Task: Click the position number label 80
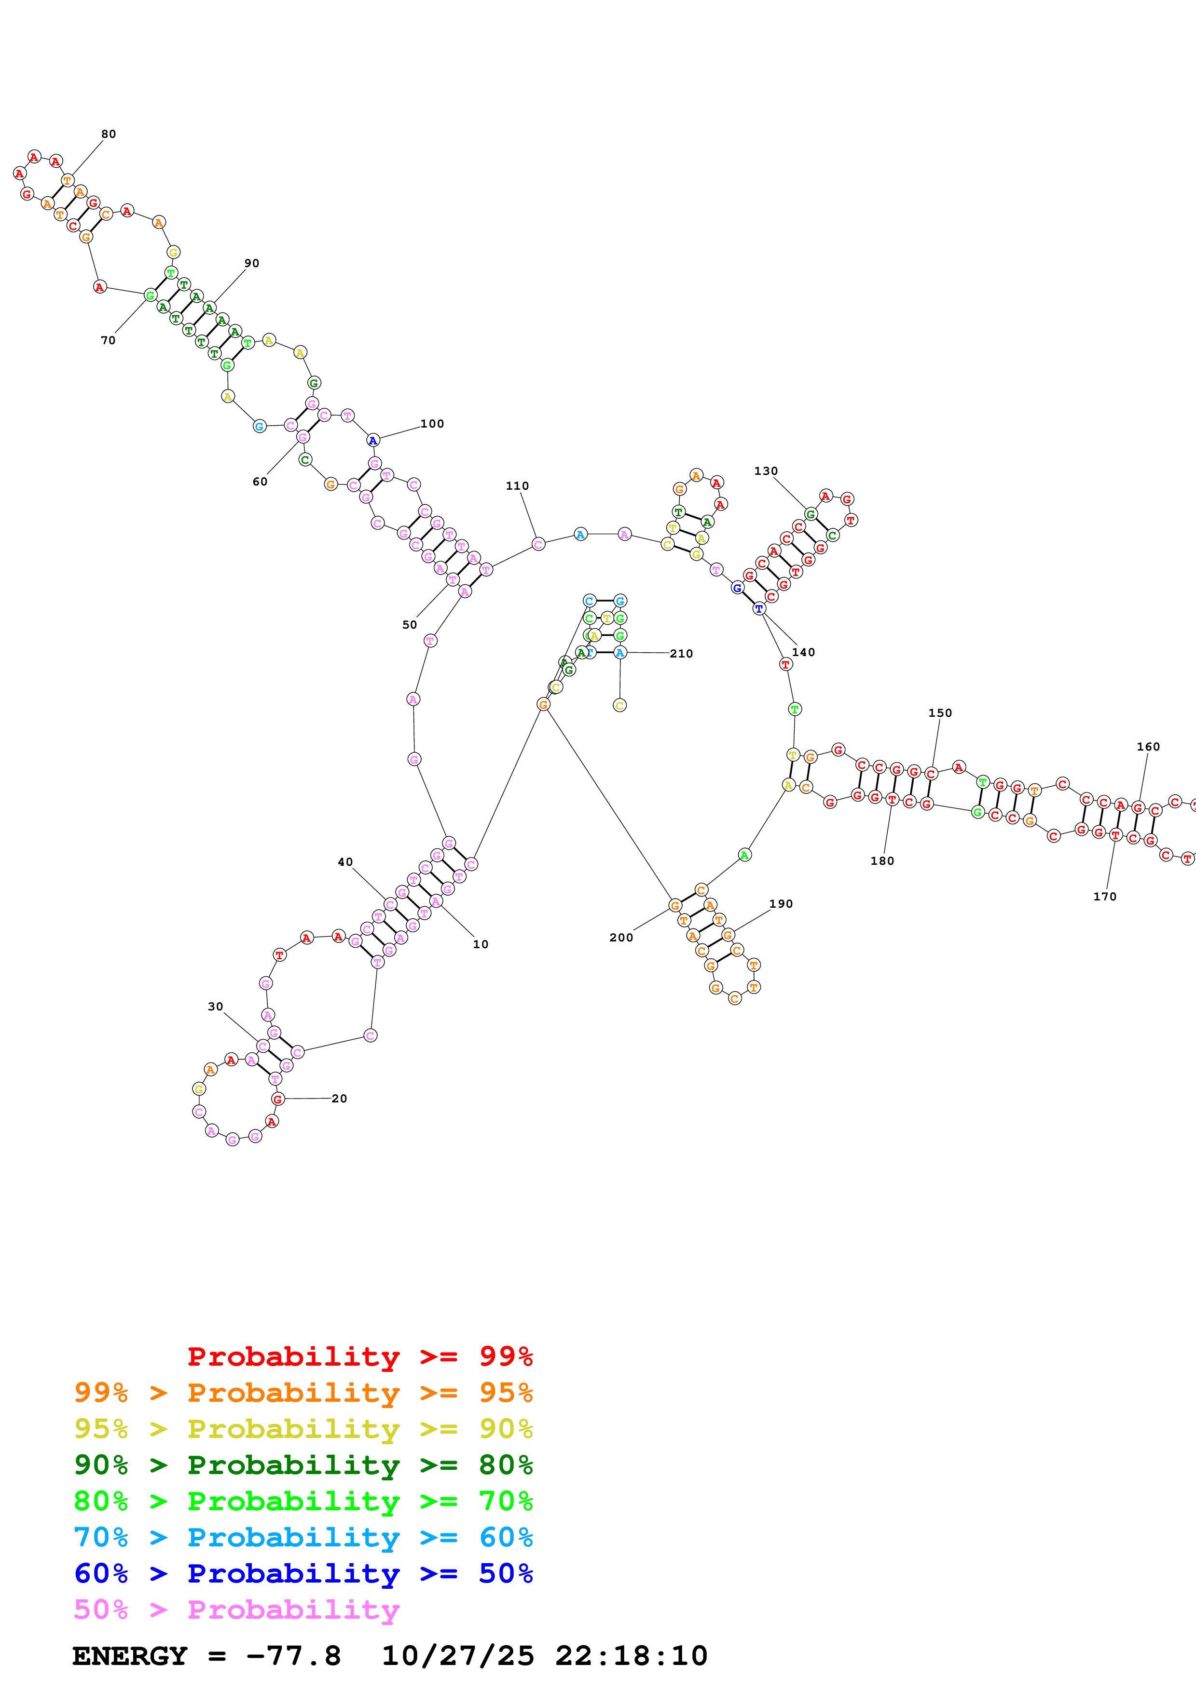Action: (109, 134)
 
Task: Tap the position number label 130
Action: (766, 470)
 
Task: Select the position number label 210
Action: (681, 653)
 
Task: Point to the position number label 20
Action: (339, 1098)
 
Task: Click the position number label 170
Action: (1105, 896)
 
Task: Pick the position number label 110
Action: (517, 485)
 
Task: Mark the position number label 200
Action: (621, 938)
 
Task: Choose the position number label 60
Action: (260, 482)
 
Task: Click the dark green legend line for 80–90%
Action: (303, 1465)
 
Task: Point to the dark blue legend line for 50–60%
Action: (303, 1573)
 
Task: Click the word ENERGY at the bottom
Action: (130, 1656)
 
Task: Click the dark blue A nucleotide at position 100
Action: (373, 441)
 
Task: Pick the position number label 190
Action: (781, 904)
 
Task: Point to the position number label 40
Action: (345, 862)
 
